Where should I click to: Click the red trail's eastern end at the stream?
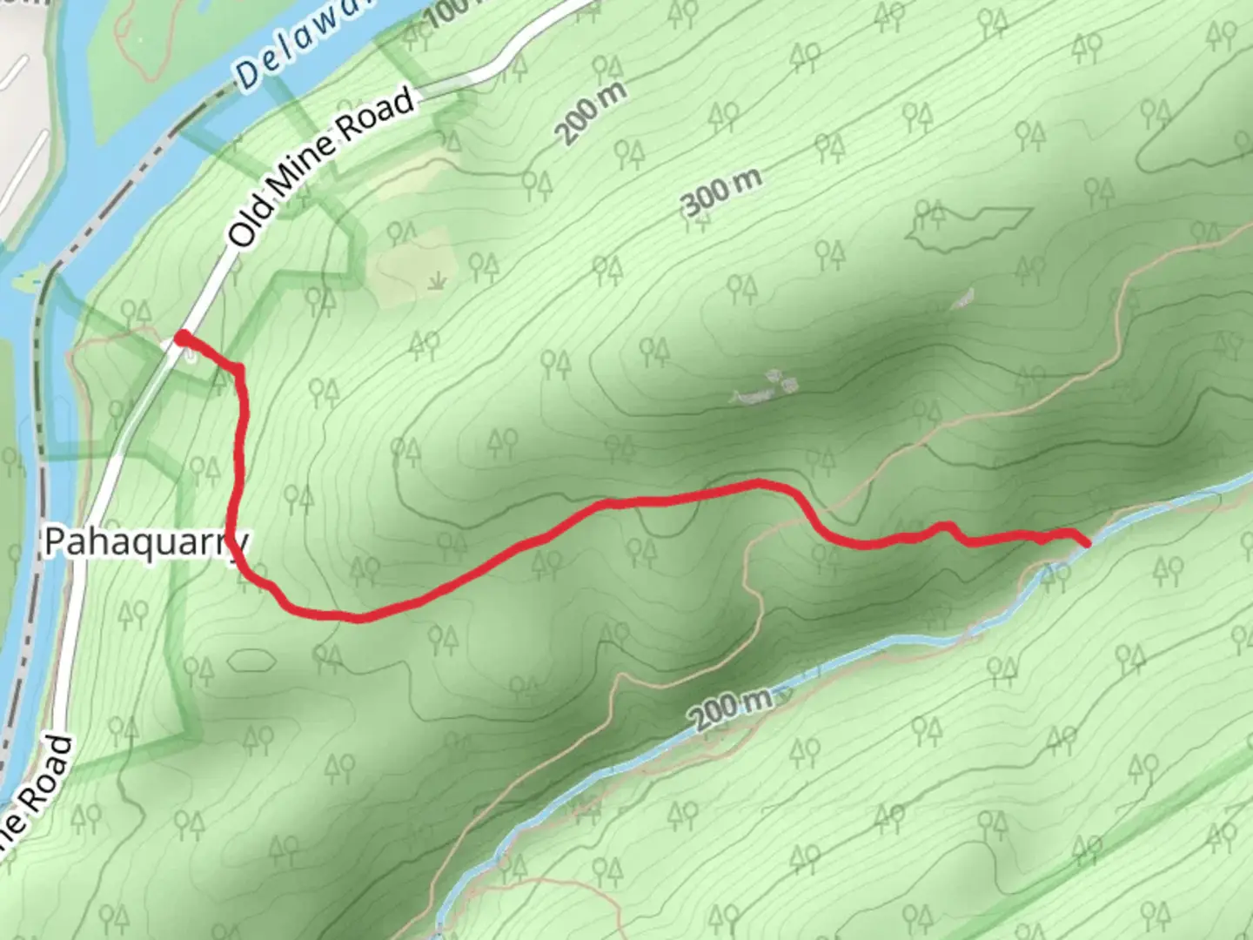coord(1087,544)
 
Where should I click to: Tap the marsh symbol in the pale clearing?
coord(438,280)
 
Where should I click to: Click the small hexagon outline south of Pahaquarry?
coord(251,659)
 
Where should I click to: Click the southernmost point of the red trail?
coord(357,620)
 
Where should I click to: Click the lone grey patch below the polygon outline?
coord(962,300)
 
